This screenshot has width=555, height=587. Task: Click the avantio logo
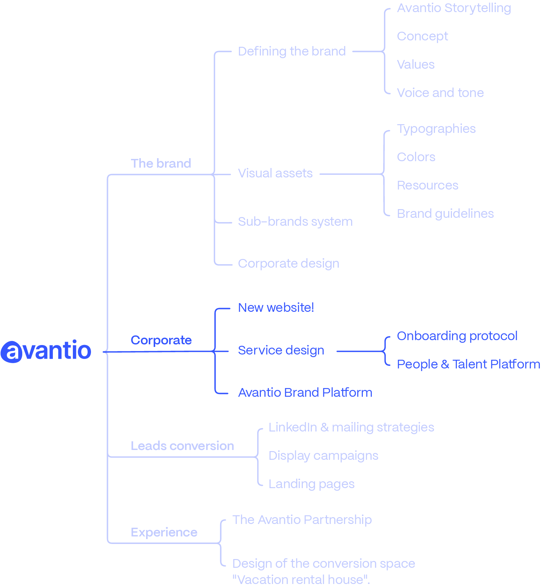tap(46, 351)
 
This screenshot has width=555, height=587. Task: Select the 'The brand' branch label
tap(161, 163)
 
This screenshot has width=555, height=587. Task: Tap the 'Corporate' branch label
tap(161, 340)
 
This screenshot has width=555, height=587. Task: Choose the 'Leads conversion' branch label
tap(182, 446)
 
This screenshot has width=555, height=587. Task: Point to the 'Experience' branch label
tap(164, 532)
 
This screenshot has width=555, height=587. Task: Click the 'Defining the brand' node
tap(292, 51)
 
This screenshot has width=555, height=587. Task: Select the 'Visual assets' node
tap(275, 173)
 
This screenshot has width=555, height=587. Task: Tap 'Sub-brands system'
tap(295, 222)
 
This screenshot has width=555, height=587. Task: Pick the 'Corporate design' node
tap(288, 263)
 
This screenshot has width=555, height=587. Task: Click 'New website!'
tap(276, 307)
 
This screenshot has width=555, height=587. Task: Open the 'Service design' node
tap(281, 350)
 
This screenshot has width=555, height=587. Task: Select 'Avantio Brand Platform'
tap(305, 393)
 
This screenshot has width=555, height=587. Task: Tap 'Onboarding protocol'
tap(457, 336)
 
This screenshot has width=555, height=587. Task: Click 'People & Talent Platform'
tap(469, 364)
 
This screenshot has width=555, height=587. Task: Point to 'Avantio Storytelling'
tap(454, 8)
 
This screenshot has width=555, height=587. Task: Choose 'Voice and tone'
tap(440, 93)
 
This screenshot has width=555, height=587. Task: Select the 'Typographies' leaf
tap(436, 129)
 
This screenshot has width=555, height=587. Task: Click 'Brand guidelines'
tap(445, 214)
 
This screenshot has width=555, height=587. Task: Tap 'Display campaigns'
tap(323, 456)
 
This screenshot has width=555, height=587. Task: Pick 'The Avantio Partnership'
tap(302, 520)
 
